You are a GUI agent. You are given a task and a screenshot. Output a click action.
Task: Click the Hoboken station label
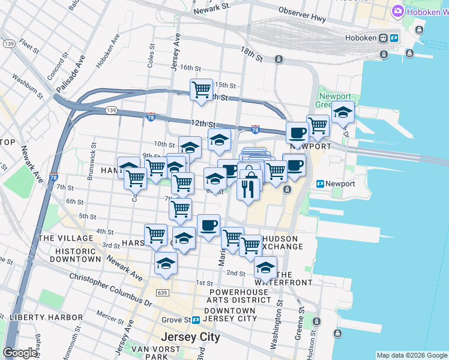[x=361, y=38]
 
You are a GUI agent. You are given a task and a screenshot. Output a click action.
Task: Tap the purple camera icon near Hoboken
[x=397, y=11]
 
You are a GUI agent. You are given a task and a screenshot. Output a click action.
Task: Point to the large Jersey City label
[x=190, y=337]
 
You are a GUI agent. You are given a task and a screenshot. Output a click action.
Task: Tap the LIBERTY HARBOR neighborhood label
[x=46, y=317]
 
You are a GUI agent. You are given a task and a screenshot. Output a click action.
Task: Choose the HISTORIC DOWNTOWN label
[x=75, y=255]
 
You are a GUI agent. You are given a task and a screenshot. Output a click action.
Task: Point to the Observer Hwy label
[x=302, y=19]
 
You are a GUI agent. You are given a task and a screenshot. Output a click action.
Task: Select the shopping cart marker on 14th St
[x=201, y=90]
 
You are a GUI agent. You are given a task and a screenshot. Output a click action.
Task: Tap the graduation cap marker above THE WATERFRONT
[x=265, y=267]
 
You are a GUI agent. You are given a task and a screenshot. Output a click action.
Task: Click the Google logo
[x=20, y=353]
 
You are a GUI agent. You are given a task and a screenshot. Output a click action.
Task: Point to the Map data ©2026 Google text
[x=411, y=355]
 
